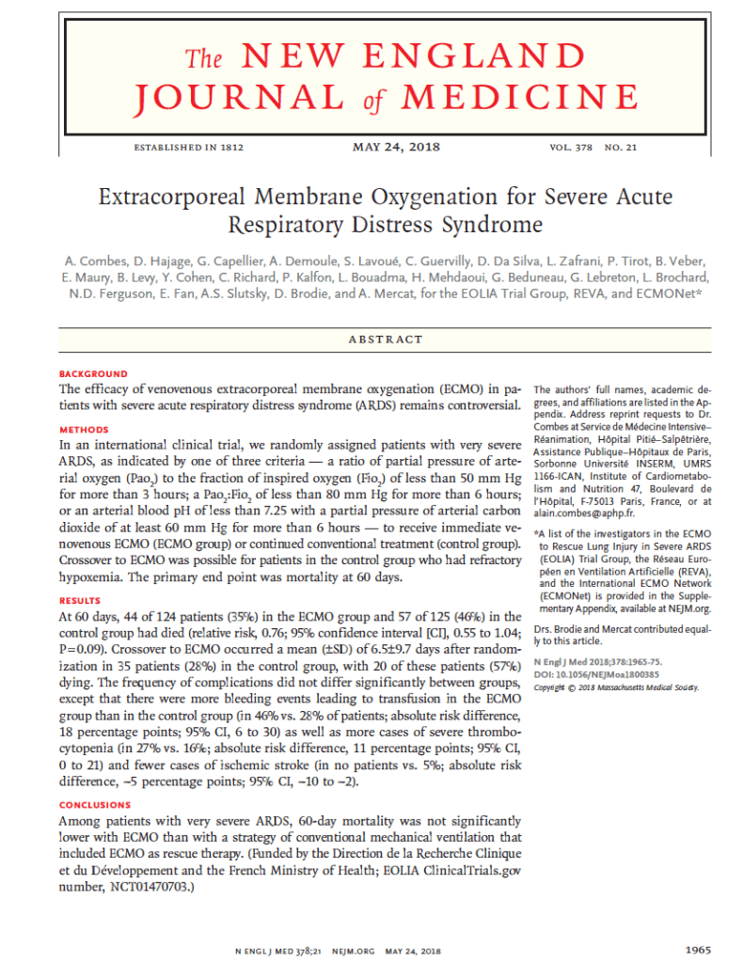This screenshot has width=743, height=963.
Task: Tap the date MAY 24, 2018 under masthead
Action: coord(396,148)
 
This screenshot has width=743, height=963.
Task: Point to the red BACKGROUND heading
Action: coord(93,374)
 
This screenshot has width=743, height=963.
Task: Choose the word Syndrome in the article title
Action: coord(495,225)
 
